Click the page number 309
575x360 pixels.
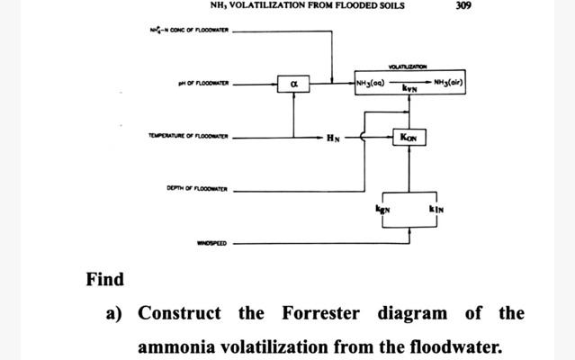(x=463, y=5)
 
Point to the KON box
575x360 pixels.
(x=409, y=137)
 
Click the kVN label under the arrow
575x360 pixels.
(x=409, y=90)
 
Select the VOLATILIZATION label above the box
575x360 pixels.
(x=409, y=66)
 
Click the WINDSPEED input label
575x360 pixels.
(x=212, y=243)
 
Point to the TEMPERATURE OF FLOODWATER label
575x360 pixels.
(x=189, y=137)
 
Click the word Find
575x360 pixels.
(x=105, y=279)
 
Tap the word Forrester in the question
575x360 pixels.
(x=320, y=313)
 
